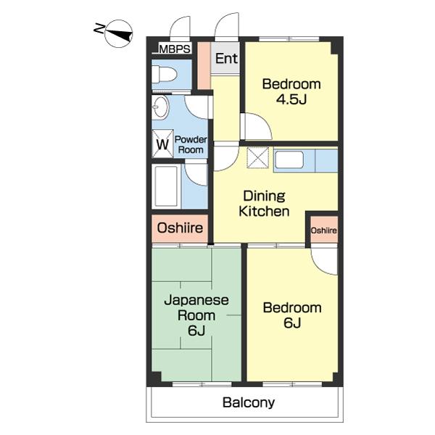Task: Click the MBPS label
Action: click(x=175, y=49)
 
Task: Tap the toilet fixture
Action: click(x=165, y=74)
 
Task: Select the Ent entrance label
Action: click(x=226, y=59)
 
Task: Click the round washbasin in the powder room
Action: click(x=161, y=107)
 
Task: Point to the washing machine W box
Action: click(x=162, y=144)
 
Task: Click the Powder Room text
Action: click(x=191, y=144)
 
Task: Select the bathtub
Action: click(x=166, y=186)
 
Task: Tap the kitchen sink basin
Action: click(x=289, y=159)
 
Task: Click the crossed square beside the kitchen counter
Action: click(x=257, y=157)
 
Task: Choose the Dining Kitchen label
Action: click(x=264, y=204)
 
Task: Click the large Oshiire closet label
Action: click(x=180, y=228)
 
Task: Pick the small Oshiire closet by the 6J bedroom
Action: click(x=324, y=231)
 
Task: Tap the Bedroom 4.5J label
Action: click(x=291, y=91)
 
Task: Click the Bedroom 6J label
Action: click(x=292, y=315)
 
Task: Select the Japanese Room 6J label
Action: click(x=196, y=315)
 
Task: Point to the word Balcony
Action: click(x=249, y=402)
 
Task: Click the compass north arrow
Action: click(x=121, y=34)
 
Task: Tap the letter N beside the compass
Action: click(x=99, y=28)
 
